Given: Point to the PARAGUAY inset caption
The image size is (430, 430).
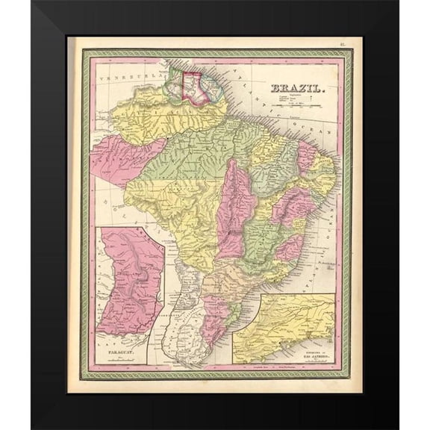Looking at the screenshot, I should pyautogui.click(x=116, y=348).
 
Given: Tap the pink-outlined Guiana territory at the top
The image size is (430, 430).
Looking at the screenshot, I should pyautogui.click(x=196, y=86).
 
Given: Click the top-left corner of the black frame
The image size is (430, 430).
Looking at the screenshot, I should pyautogui.click(x=33, y=2).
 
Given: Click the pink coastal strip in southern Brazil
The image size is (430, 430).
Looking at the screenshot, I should pyautogui.click(x=216, y=314).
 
